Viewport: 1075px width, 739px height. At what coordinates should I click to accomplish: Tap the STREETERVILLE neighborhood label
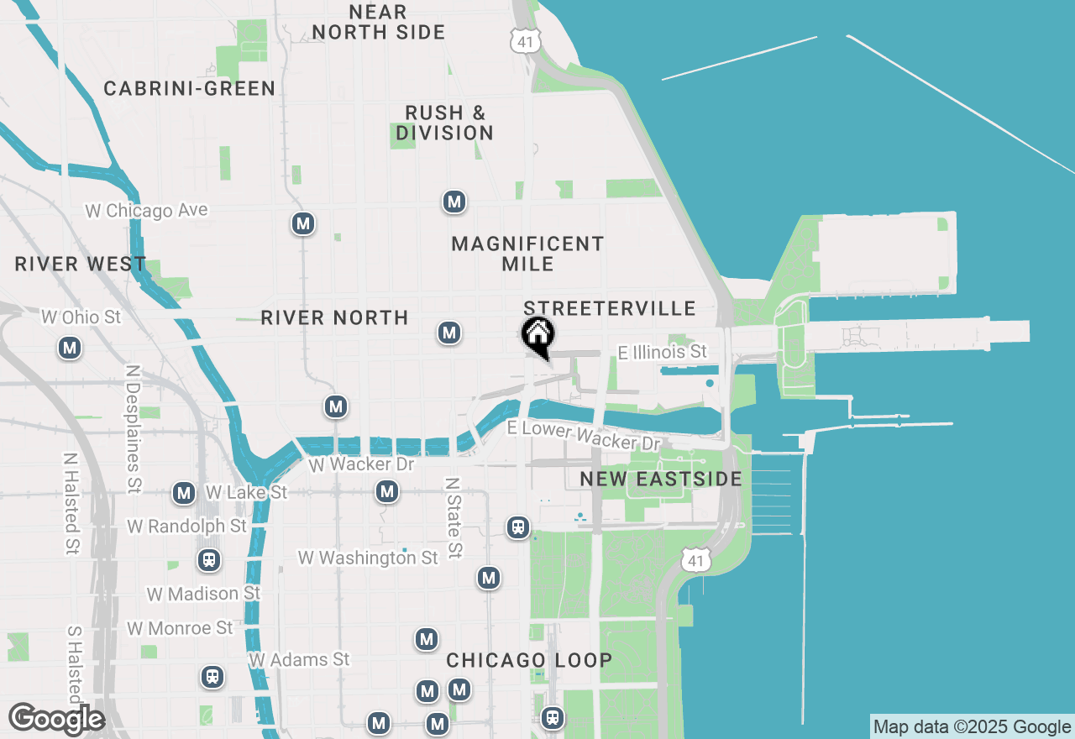(609, 308)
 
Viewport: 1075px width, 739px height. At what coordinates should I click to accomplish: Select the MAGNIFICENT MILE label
(527, 254)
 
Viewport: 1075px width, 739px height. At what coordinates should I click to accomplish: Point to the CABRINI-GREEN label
(190, 89)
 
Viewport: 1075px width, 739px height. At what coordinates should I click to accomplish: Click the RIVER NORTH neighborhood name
(334, 317)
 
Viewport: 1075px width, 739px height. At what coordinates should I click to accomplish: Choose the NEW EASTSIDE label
(661, 480)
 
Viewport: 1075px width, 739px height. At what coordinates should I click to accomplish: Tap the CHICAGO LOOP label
(529, 660)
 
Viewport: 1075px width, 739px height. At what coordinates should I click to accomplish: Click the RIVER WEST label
(81, 265)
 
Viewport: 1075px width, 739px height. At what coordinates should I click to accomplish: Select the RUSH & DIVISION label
(445, 123)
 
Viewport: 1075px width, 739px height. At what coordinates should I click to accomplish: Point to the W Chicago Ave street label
(146, 210)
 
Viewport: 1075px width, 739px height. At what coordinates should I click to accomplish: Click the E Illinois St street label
(663, 352)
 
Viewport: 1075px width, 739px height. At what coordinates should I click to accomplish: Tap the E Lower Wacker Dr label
(584, 434)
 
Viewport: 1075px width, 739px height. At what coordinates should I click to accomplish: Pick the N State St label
(454, 518)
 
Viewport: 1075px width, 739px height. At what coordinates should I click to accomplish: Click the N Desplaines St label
(134, 428)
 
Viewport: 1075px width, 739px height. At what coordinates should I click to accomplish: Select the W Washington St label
(368, 558)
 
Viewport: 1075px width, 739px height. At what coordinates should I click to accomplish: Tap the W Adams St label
(299, 660)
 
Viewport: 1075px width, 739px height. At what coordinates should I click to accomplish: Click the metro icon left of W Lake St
(184, 493)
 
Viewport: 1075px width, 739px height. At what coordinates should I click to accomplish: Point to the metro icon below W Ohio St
(70, 347)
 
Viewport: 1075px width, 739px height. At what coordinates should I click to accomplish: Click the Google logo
(56, 719)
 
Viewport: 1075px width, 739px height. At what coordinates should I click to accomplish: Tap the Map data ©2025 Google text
(972, 727)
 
